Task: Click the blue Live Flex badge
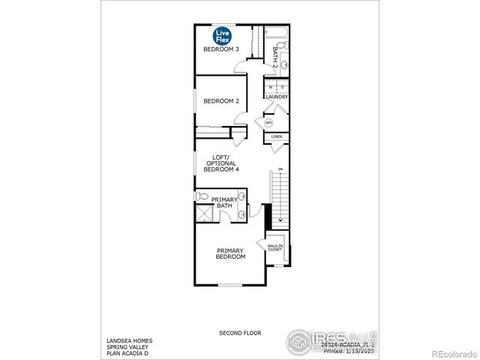coord(223,35)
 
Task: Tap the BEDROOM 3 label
coord(221,49)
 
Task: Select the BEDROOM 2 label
coord(221,101)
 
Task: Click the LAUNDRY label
coord(276,97)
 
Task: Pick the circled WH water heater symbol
coord(268,122)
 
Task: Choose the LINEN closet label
coord(276,137)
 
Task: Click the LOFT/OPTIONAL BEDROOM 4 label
coord(220,163)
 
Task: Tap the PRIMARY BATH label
coord(227,202)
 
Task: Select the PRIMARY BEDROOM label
coord(231,253)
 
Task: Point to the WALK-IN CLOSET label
coord(274,247)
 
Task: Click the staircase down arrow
coord(280,220)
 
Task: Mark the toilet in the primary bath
coord(201,196)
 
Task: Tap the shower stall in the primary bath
coord(204,214)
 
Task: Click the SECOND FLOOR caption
coord(239,331)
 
